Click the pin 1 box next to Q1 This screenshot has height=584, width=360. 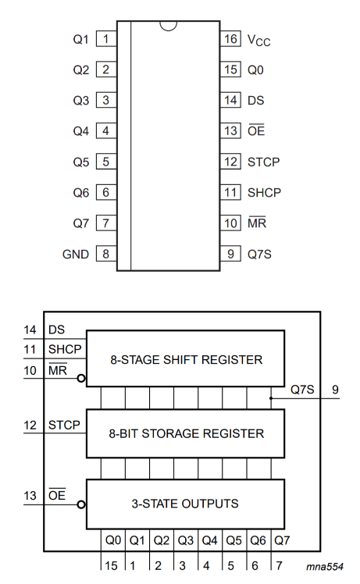coord(105,38)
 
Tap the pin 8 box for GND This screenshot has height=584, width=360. coord(105,254)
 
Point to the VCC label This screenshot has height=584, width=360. coord(258,39)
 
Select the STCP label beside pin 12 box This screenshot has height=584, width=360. coord(263,162)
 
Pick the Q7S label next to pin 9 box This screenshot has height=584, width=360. coord(260,254)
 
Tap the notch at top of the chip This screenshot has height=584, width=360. coord(167,26)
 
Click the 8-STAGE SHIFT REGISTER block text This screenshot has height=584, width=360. coord(185,359)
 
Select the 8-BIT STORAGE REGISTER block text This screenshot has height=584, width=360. coord(185,433)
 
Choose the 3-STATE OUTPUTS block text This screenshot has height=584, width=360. coord(185,504)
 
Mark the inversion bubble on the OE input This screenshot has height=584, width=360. coord(82,504)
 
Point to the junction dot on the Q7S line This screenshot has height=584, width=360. coord(271,398)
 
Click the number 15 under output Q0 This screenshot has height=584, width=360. coord(112,566)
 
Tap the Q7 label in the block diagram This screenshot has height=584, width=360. coord(281,539)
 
